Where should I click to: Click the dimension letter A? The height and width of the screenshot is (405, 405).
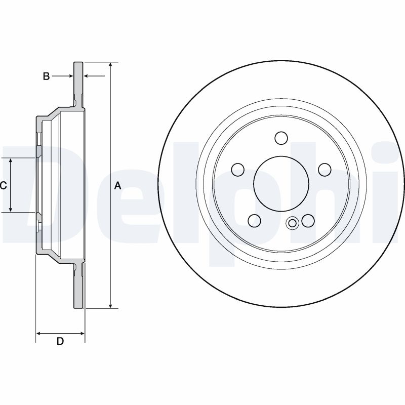[117, 185]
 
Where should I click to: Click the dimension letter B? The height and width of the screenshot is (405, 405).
[46, 76]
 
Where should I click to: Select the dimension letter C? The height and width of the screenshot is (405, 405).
[3, 185]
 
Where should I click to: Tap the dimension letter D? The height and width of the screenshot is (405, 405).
[60, 341]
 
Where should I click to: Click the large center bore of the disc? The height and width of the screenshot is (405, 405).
[281, 183]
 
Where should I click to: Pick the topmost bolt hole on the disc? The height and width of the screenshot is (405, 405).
[281, 138]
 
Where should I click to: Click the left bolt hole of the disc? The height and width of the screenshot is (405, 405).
[238, 170]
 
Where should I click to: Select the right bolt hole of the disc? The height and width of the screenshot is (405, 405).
[325, 169]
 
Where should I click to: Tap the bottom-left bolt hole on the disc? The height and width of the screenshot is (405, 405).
[254, 220]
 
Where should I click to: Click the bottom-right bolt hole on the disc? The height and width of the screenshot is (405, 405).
[308, 221]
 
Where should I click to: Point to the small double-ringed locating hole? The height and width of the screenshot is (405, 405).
[293, 223]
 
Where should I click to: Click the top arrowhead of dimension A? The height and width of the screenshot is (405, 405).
[110, 65]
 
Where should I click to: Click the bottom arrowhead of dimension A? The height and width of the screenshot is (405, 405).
[110, 305]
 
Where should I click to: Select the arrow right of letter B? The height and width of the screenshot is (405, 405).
[95, 76]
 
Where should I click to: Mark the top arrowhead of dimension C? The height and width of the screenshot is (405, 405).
[11, 160]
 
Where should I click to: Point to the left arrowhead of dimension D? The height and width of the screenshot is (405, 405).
[39, 334]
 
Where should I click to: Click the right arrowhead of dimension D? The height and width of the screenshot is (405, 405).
[82, 334]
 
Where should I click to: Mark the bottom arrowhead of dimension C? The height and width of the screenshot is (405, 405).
[11, 209]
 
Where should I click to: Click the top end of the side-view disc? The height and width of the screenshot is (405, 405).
[78, 62]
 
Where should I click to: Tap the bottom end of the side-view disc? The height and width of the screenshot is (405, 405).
[78, 308]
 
